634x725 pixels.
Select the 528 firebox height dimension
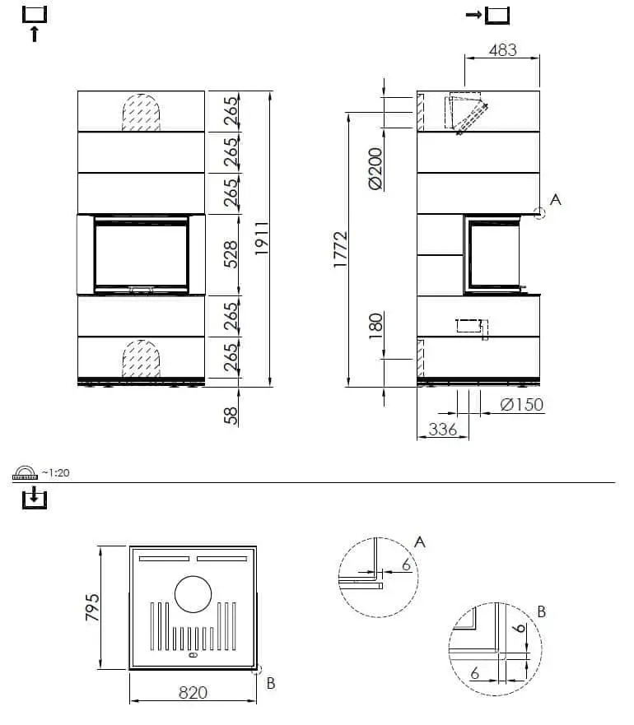pyautogui.click(x=231, y=254)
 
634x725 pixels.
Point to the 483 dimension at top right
pyautogui.click(x=502, y=49)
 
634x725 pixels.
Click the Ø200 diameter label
pyautogui.click(x=375, y=169)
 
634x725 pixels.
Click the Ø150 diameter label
pyautogui.click(x=522, y=404)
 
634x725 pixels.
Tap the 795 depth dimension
pyautogui.click(x=91, y=607)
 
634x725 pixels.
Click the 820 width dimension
pyautogui.click(x=193, y=692)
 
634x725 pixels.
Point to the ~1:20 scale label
pyautogui.click(x=57, y=472)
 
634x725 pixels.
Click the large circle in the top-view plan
pyautogui.click(x=193, y=594)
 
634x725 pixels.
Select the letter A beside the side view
pyautogui.click(x=555, y=199)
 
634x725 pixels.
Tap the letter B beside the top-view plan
pyautogui.click(x=272, y=682)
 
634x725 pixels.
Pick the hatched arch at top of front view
pyautogui.click(x=141, y=113)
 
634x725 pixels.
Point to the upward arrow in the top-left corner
pyautogui.click(x=35, y=34)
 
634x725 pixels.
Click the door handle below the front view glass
pyautogui.click(x=141, y=290)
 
